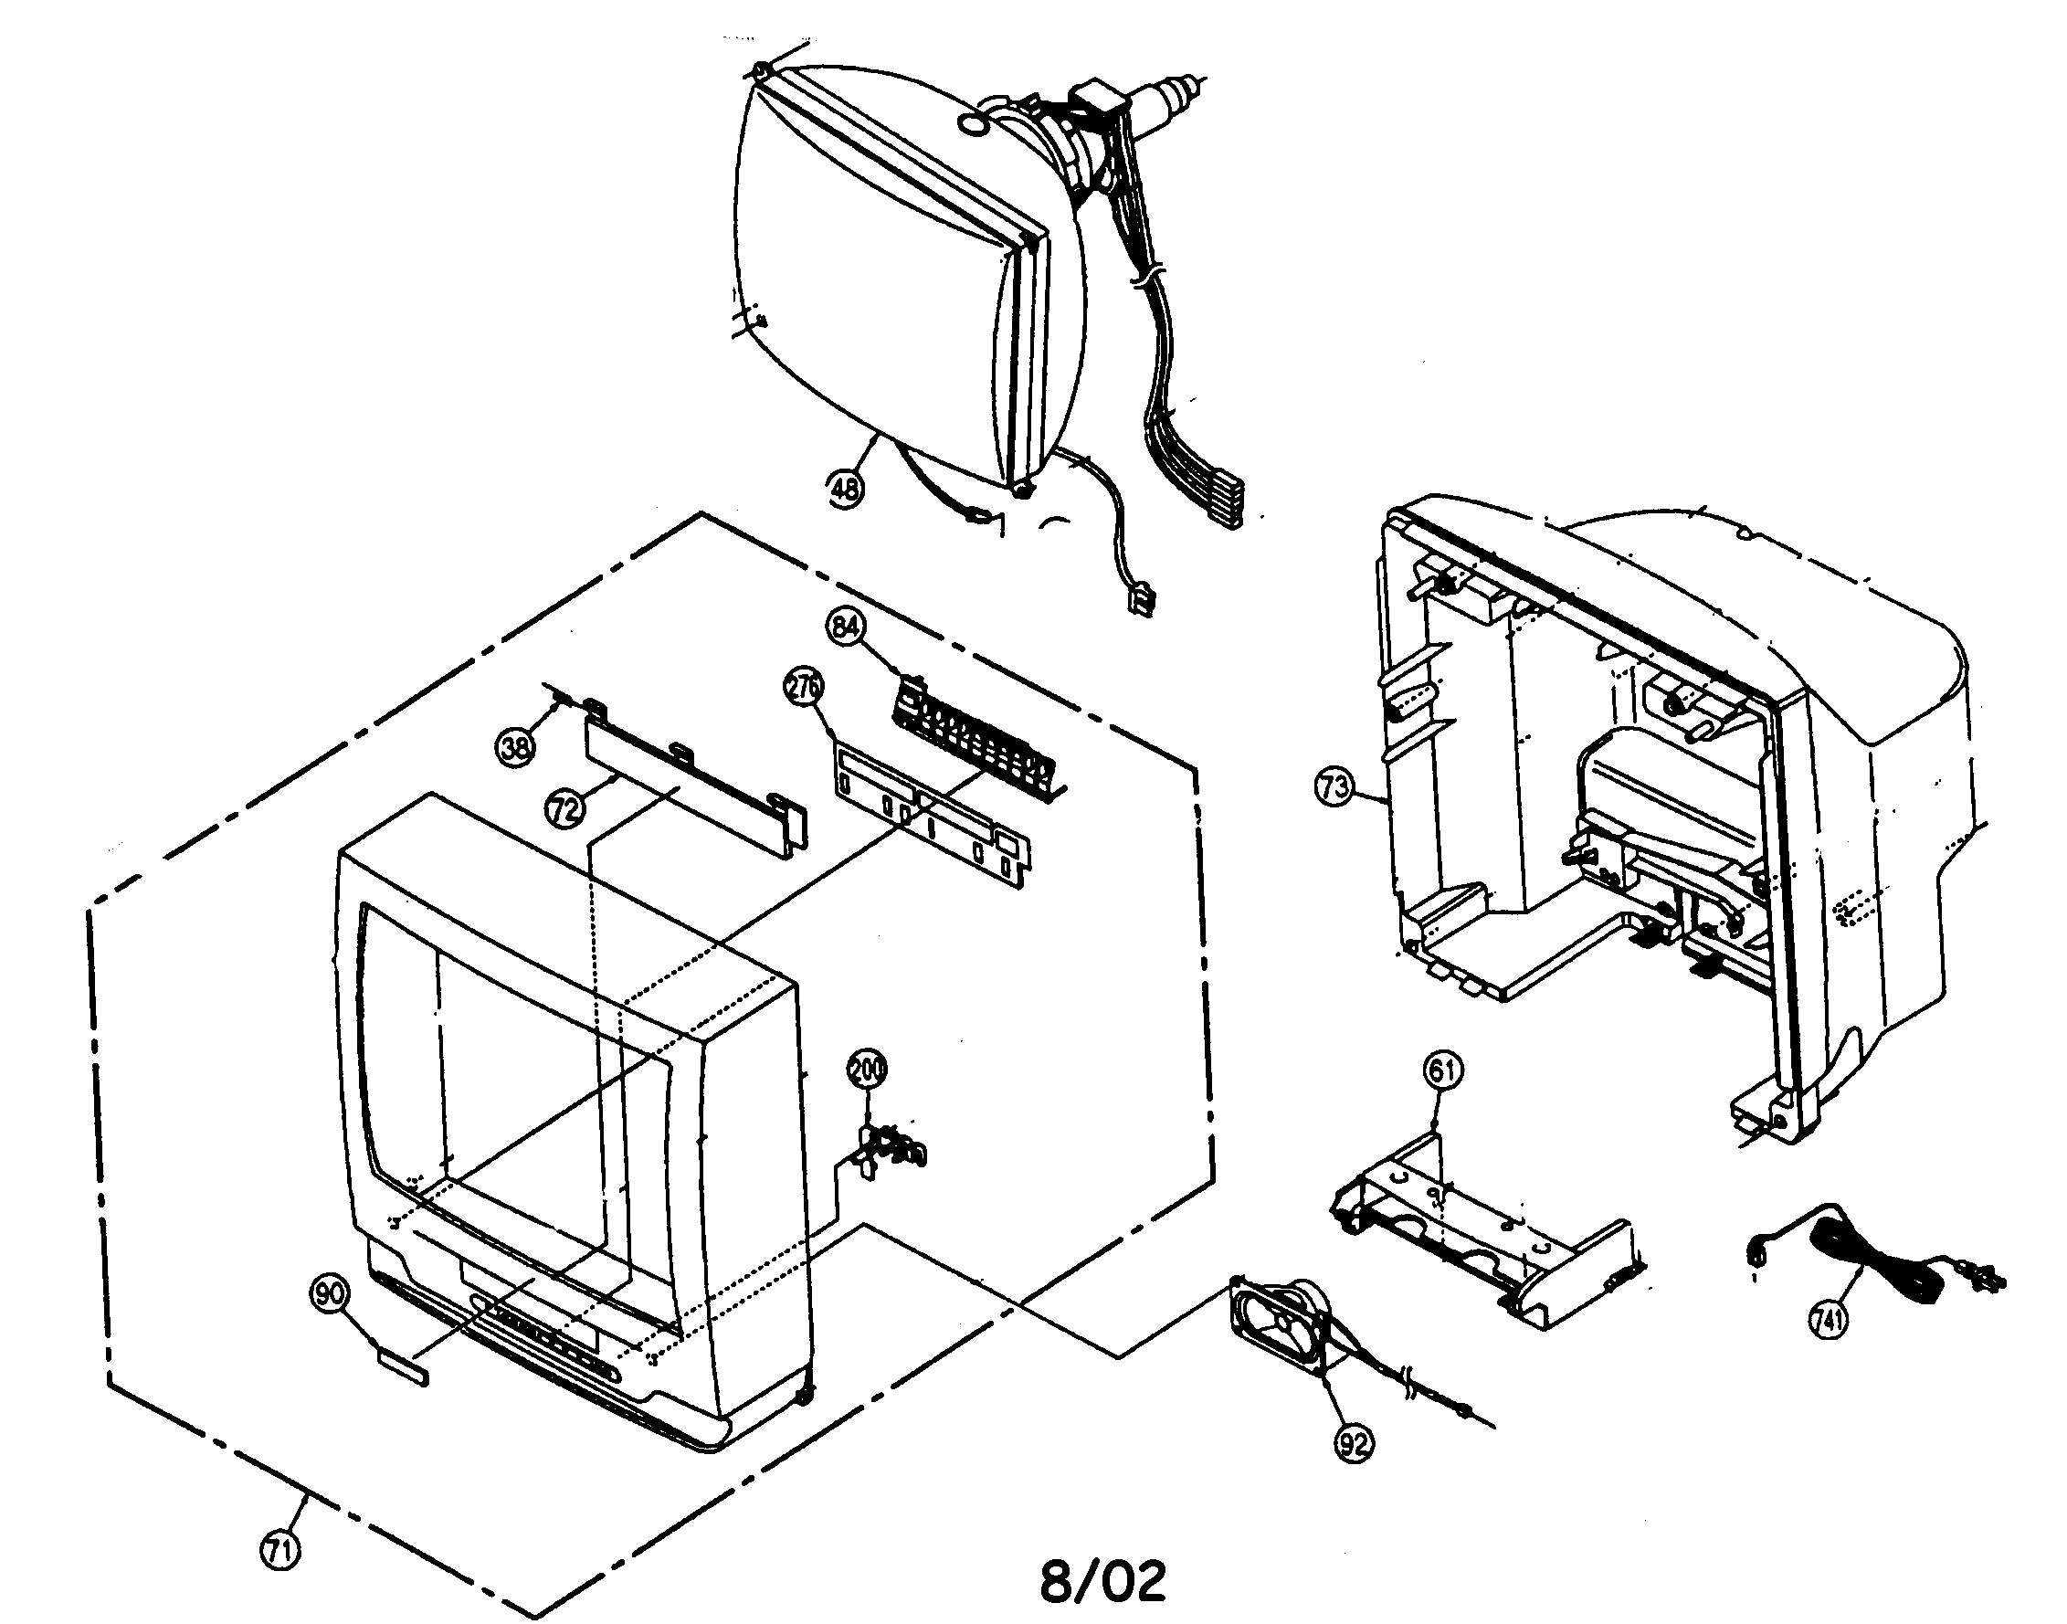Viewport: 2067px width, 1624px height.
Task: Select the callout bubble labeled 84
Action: coord(846,627)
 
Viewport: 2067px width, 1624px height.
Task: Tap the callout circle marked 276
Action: coord(804,688)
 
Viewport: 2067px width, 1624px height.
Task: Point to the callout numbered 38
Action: coord(515,746)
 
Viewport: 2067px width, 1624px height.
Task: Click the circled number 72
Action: coord(564,810)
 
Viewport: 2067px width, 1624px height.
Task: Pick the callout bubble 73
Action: coord(1333,786)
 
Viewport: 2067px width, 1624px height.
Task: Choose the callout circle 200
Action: coord(866,1069)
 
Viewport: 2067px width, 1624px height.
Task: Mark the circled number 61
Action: coord(1442,1070)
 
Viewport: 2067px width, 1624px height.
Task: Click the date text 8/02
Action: coord(1102,1581)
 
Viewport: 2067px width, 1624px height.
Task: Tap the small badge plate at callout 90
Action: coord(403,1366)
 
